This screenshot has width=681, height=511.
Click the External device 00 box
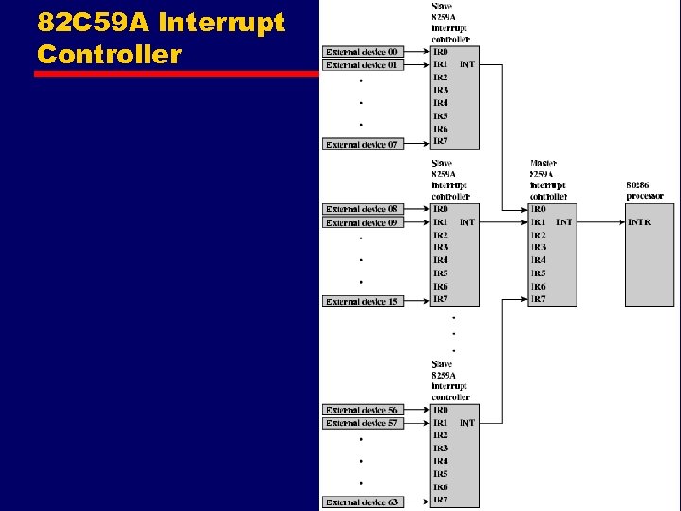[x=363, y=51]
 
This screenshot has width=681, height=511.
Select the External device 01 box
[x=363, y=65]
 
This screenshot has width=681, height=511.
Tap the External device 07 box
[x=363, y=144]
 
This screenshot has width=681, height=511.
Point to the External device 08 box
[x=363, y=209]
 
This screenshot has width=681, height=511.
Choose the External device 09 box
[x=363, y=222]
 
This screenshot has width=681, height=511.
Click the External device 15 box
[x=363, y=301]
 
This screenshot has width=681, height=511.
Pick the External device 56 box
[x=363, y=410]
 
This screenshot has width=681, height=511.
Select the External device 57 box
[x=363, y=423]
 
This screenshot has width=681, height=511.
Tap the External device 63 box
[x=363, y=502]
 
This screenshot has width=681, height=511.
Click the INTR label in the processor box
[x=639, y=222]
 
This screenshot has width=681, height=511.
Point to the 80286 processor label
[x=645, y=189]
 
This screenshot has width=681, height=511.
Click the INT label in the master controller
[x=565, y=222]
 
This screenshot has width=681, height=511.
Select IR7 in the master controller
[x=537, y=299]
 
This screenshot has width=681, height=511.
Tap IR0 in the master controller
[x=537, y=209]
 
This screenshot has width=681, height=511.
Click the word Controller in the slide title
[x=109, y=54]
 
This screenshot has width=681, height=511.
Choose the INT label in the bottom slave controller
[x=467, y=423]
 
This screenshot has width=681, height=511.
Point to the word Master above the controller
[x=544, y=163]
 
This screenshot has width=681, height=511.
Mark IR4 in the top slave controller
[x=441, y=103]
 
